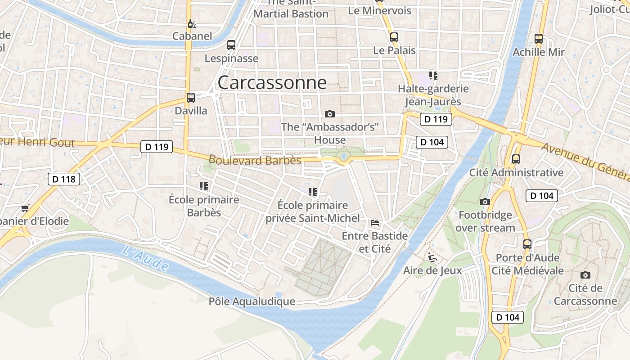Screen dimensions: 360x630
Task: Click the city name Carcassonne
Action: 272,82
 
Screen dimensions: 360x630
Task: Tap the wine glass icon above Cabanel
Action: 192,24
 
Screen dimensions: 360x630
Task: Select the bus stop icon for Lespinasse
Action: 231,45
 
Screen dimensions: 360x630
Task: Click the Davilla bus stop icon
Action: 191,97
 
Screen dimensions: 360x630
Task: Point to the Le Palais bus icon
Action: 394,37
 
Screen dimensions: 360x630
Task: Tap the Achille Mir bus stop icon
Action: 539,39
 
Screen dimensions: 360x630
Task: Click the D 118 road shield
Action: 64,179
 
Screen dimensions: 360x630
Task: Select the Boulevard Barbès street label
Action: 255,160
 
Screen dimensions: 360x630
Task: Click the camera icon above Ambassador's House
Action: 330,114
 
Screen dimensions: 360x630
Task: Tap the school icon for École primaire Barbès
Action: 203,186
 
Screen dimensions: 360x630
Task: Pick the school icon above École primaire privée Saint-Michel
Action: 313,192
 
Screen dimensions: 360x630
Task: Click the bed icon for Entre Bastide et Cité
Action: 374,222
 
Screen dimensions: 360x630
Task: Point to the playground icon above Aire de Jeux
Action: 432,257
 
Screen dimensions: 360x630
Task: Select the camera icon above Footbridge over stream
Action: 485,202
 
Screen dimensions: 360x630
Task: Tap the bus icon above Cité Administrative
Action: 516,159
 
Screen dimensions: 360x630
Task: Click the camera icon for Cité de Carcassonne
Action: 585,275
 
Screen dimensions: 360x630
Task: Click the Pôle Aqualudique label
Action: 252,301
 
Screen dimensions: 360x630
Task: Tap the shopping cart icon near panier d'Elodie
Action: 25,208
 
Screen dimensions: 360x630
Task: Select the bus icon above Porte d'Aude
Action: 527,244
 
